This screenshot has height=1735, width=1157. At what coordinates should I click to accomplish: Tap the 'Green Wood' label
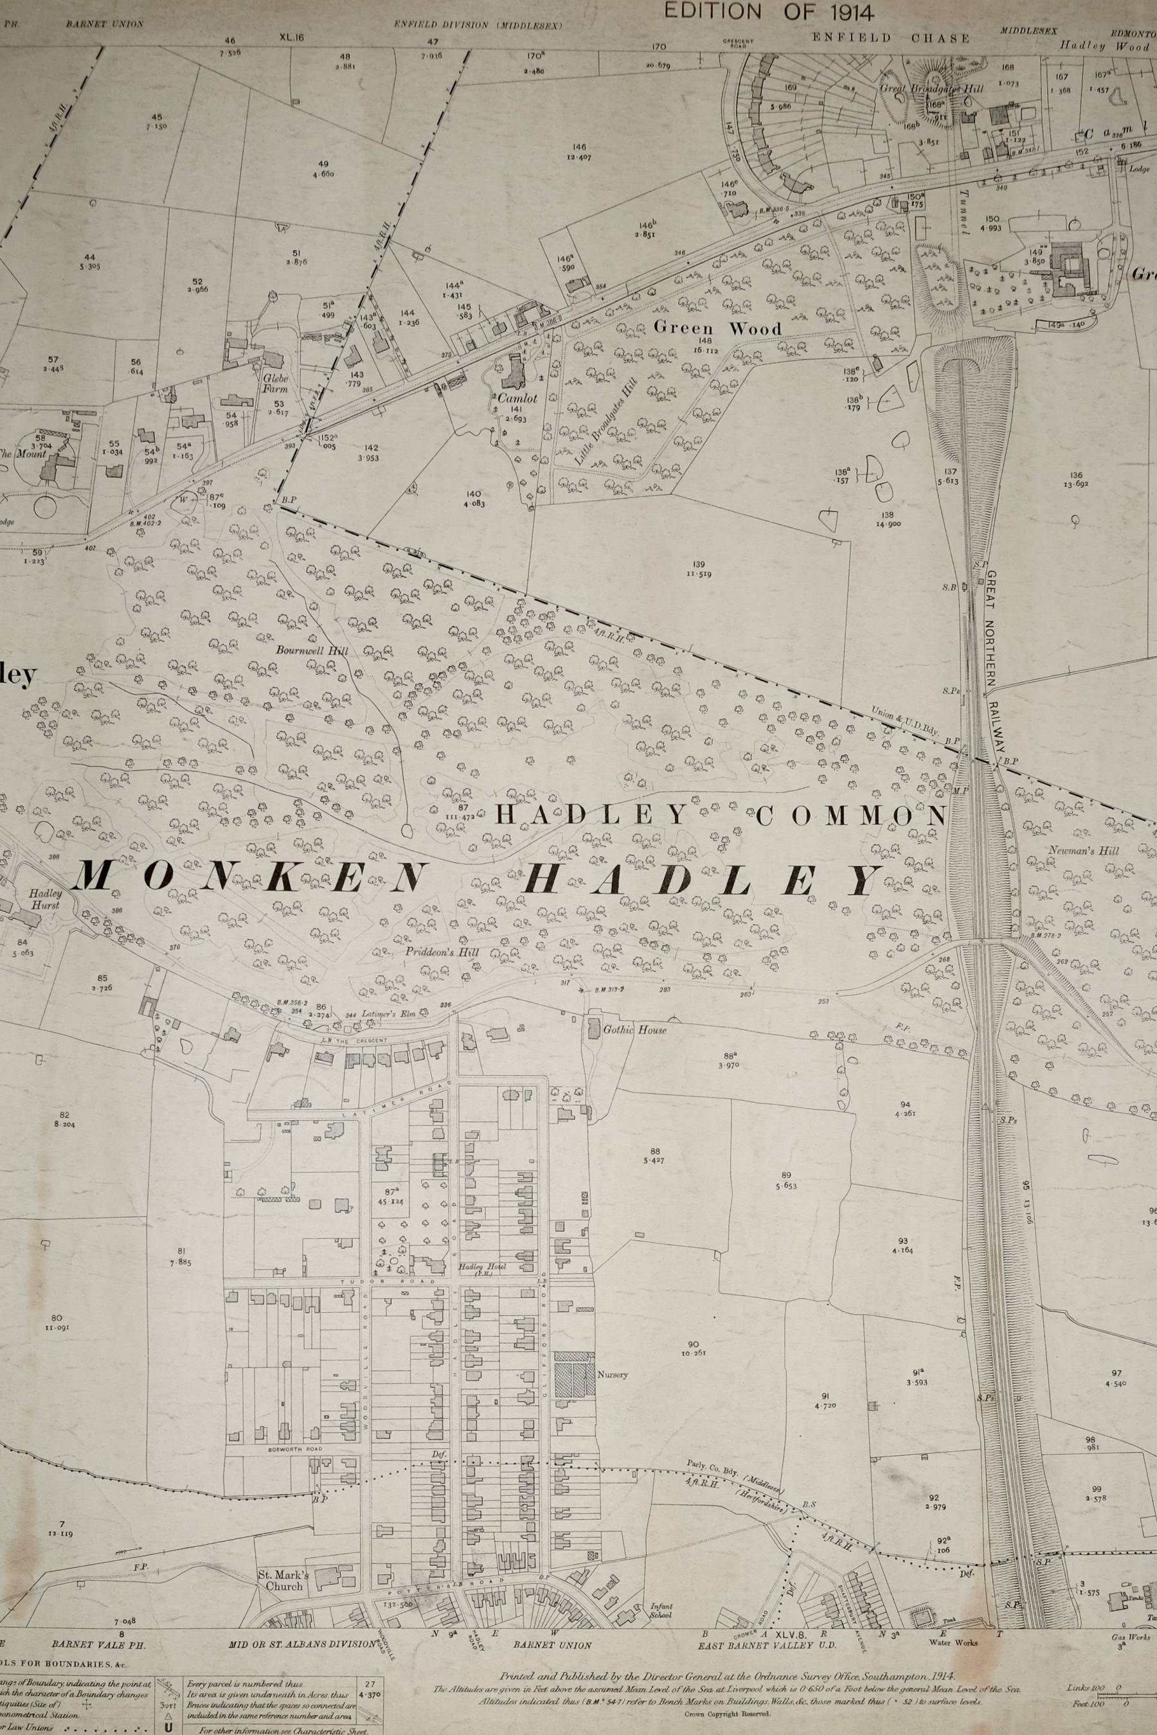pyautogui.click(x=717, y=329)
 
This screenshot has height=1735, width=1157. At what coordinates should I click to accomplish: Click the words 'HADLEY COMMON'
pyautogui.click(x=720, y=815)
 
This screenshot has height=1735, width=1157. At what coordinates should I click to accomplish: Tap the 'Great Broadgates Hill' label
pyautogui.click(x=931, y=88)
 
